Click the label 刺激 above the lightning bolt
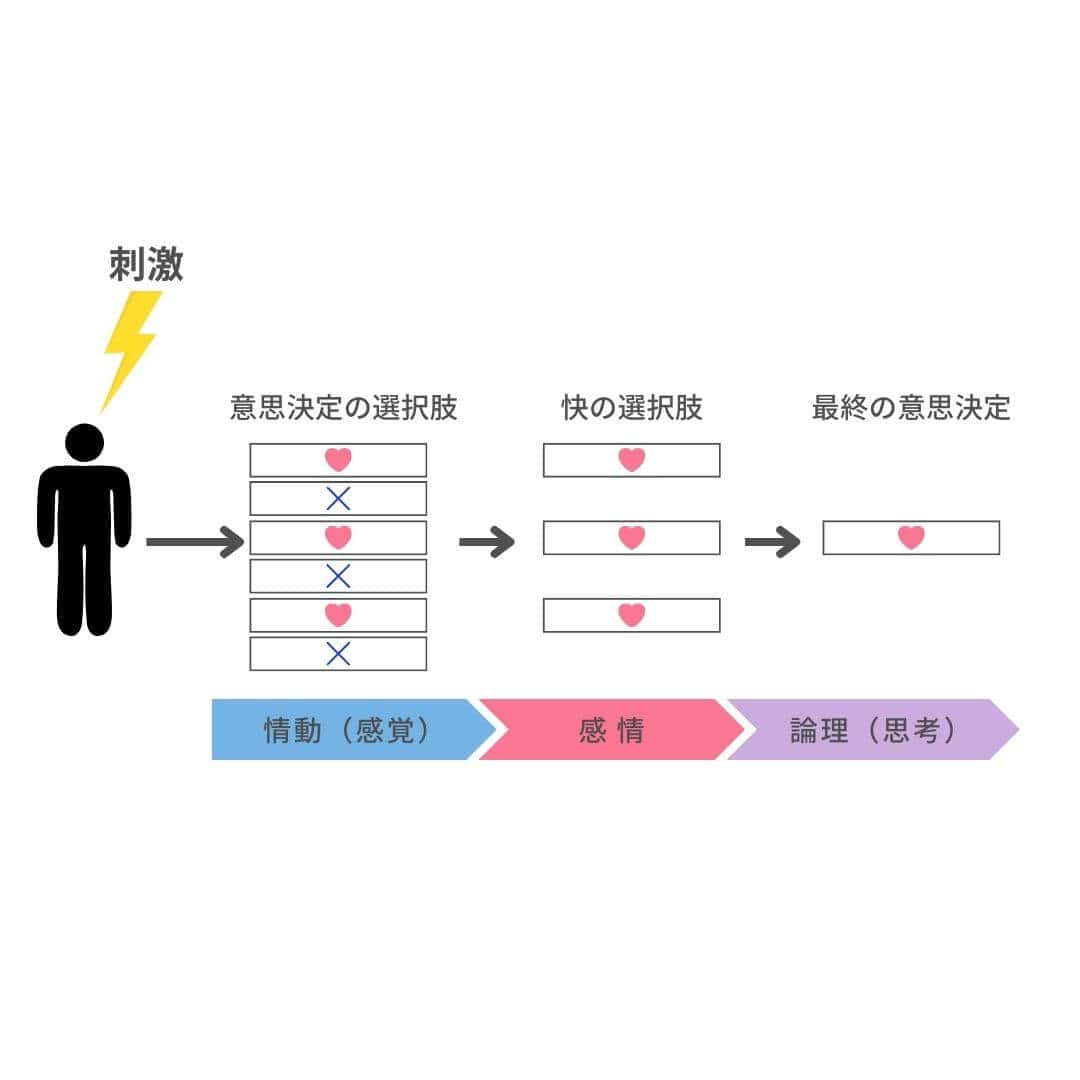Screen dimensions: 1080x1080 [146, 265]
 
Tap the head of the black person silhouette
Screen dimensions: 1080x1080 [84, 443]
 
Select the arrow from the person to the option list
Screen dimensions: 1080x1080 [194, 542]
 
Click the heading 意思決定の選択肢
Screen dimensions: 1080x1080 [343, 408]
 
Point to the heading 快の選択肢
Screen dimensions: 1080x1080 [632, 408]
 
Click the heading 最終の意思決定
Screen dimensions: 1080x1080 [911, 408]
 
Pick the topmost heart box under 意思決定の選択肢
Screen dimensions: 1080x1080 [338, 460]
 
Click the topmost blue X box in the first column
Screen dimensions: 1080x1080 [338, 498]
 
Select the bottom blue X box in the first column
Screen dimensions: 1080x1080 [338, 654]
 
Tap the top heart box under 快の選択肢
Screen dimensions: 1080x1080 [631, 460]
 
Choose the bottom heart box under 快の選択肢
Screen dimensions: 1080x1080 [631, 615]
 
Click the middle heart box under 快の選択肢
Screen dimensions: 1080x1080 [631, 538]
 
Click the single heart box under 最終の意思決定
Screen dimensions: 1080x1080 [911, 538]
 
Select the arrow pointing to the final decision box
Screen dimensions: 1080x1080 [772, 542]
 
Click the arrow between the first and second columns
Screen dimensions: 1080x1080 [486, 542]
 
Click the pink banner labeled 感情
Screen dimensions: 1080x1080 [610, 730]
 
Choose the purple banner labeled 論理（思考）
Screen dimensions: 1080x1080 [870, 730]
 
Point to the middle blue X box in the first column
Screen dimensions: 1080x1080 [338, 576]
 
